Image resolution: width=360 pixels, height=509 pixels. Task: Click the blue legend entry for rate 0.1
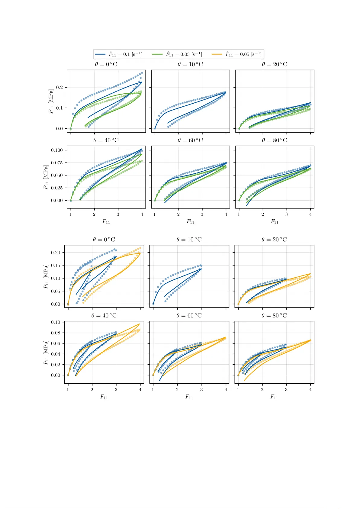[118, 54]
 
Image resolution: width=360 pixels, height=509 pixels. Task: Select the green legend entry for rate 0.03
[177, 54]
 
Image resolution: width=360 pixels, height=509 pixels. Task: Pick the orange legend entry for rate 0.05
[236, 54]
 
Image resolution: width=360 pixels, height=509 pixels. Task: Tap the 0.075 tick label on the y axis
[57, 163]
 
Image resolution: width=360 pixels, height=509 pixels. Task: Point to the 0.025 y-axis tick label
[57, 188]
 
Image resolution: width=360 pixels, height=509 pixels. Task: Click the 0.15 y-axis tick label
[56, 266]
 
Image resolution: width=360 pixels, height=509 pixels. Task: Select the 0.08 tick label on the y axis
[56, 333]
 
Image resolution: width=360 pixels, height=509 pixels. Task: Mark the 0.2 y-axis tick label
[59, 88]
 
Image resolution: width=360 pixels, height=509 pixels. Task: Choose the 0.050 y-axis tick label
[57, 176]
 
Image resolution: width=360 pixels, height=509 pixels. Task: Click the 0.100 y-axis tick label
[57, 150]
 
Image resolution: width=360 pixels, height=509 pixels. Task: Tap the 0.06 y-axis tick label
[56, 343]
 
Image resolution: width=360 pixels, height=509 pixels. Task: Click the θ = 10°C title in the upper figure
[190, 64]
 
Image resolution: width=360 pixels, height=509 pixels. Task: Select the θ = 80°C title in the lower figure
[274, 316]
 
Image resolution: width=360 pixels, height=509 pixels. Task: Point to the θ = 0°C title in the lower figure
[104, 240]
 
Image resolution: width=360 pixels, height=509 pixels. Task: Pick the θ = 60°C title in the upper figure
[190, 140]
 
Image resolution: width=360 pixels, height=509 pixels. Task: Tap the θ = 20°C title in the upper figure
[275, 64]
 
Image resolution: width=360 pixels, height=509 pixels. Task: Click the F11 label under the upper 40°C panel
[106, 222]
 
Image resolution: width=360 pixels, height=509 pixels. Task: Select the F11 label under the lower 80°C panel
[274, 397]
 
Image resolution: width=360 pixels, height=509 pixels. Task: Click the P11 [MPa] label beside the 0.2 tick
[51, 101]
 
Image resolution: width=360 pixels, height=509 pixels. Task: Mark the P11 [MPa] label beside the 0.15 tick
[46, 276]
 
